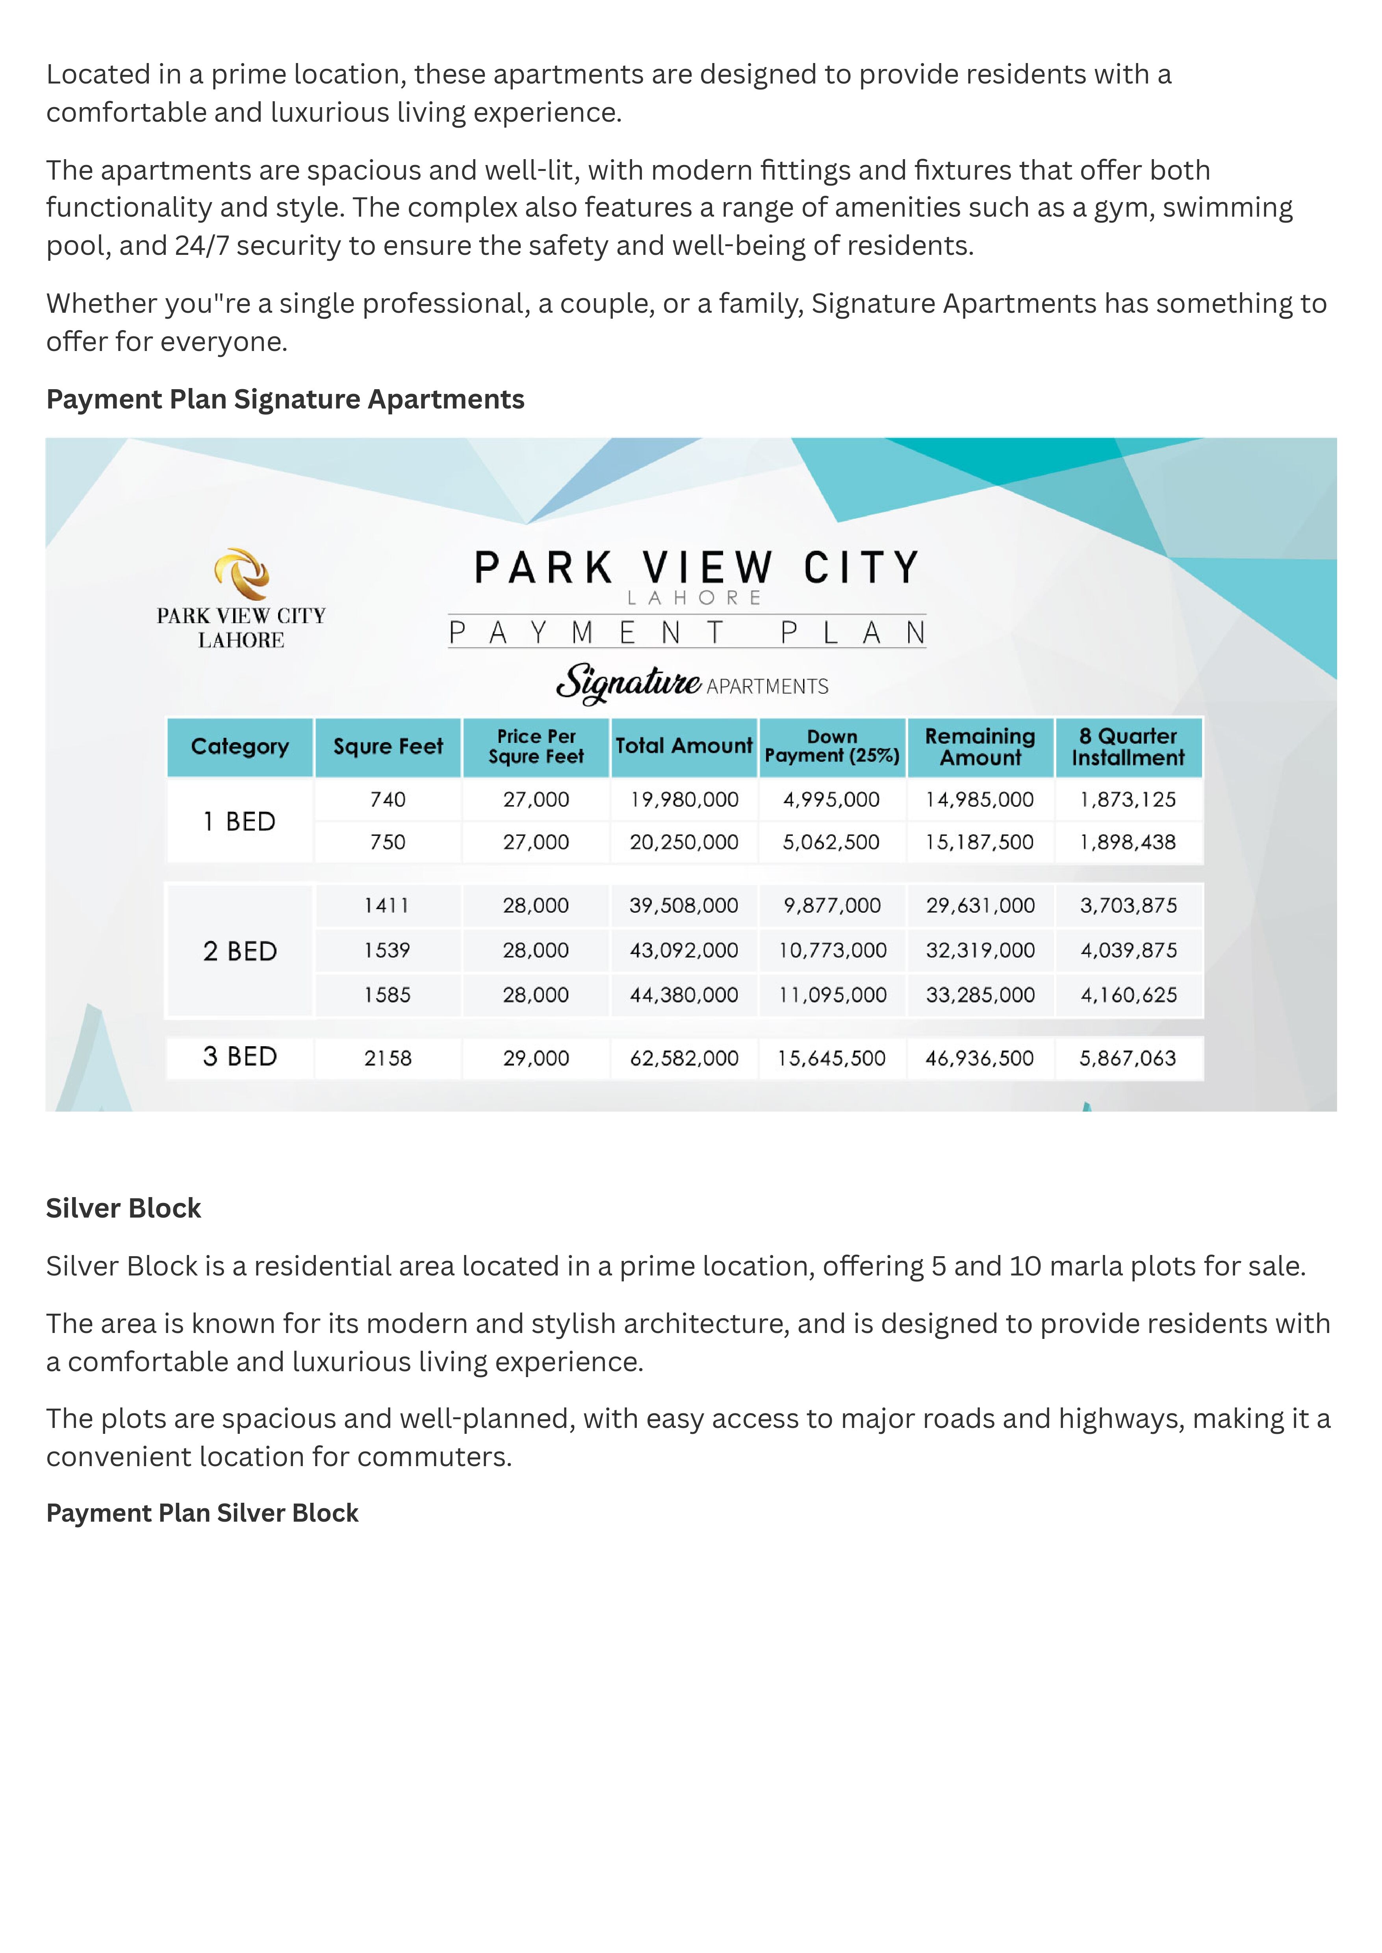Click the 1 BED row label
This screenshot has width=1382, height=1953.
(239, 821)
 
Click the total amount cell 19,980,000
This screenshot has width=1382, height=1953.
(684, 800)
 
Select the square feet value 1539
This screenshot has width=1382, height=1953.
(387, 951)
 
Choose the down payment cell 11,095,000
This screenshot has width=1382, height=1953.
(832, 995)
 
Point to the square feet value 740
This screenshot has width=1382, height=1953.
(387, 800)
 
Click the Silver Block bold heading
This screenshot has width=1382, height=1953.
(123, 1209)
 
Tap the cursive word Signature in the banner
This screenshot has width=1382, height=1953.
(628, 683)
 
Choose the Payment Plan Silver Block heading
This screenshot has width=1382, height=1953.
(202, 1513)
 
